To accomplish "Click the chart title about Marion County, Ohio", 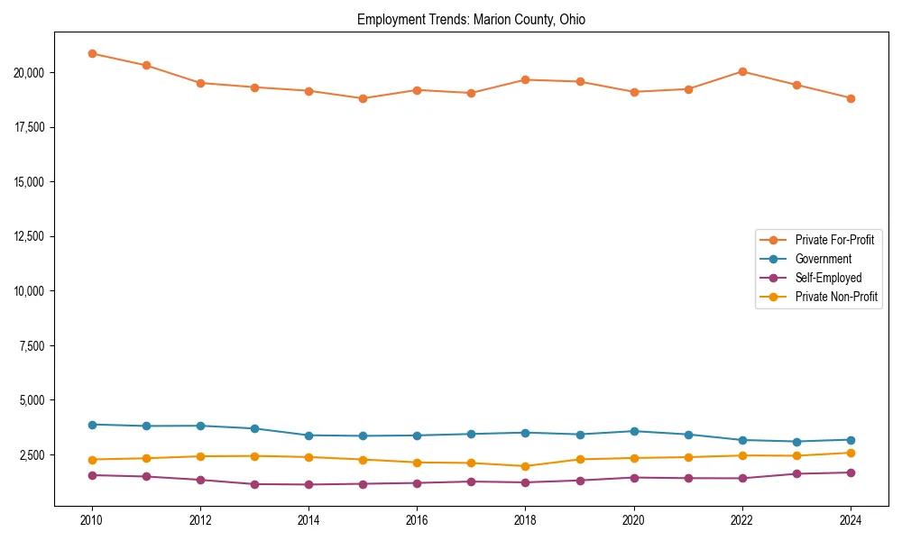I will [x=471, y=20].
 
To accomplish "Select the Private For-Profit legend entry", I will [x=833, y=240].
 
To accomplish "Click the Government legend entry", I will [x=823, y=259].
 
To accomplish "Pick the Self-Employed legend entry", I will [x=828, y=278].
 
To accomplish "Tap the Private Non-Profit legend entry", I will [x=836, y=297].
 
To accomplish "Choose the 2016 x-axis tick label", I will [x=417, y=520].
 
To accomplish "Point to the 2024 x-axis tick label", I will [x=851, y=520].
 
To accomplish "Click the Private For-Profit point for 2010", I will [x=92, y=53].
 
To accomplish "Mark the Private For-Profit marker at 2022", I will [x=742, y=71].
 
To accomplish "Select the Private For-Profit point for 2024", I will [x=851, y=98].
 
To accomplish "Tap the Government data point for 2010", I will [x=92, y=425].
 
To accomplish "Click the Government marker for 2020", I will [x=634, y=431].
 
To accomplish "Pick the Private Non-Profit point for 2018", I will [x=526, y=466].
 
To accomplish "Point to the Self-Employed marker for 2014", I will [x=308, y=484].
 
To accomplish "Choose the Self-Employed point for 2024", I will [x=851, y=472].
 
